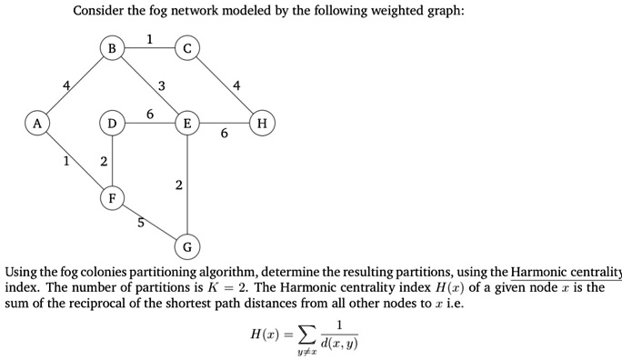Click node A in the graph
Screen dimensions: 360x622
37,122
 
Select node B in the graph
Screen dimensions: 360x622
113,47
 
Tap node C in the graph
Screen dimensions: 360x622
187,47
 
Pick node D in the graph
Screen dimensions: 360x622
113,122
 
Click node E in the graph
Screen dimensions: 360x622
187,122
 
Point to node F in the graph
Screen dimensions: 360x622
113,196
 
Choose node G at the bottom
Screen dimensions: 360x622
187,247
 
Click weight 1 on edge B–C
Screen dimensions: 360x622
150,38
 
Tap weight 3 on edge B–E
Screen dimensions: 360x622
161,86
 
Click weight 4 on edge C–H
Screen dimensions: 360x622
237,86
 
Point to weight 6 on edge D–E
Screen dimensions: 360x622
150,112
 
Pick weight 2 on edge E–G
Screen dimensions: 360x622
178,185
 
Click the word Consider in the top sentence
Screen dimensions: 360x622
100,11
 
